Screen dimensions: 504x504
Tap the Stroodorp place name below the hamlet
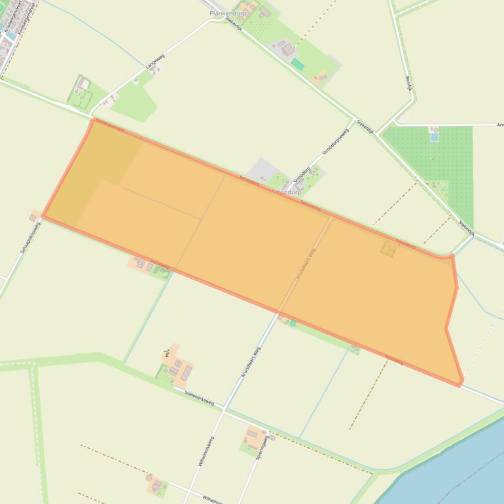(287, 192)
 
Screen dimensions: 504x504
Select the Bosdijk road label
(406, 82)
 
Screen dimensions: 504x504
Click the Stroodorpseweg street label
(335, 141)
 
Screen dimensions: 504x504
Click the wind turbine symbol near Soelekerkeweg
(166, 353)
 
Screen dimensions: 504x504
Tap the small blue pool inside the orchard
(434, 137)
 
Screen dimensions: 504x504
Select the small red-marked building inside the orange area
(389, 247)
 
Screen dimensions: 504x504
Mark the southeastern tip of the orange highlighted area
(461, 383)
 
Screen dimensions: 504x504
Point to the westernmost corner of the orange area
(44, 215)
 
